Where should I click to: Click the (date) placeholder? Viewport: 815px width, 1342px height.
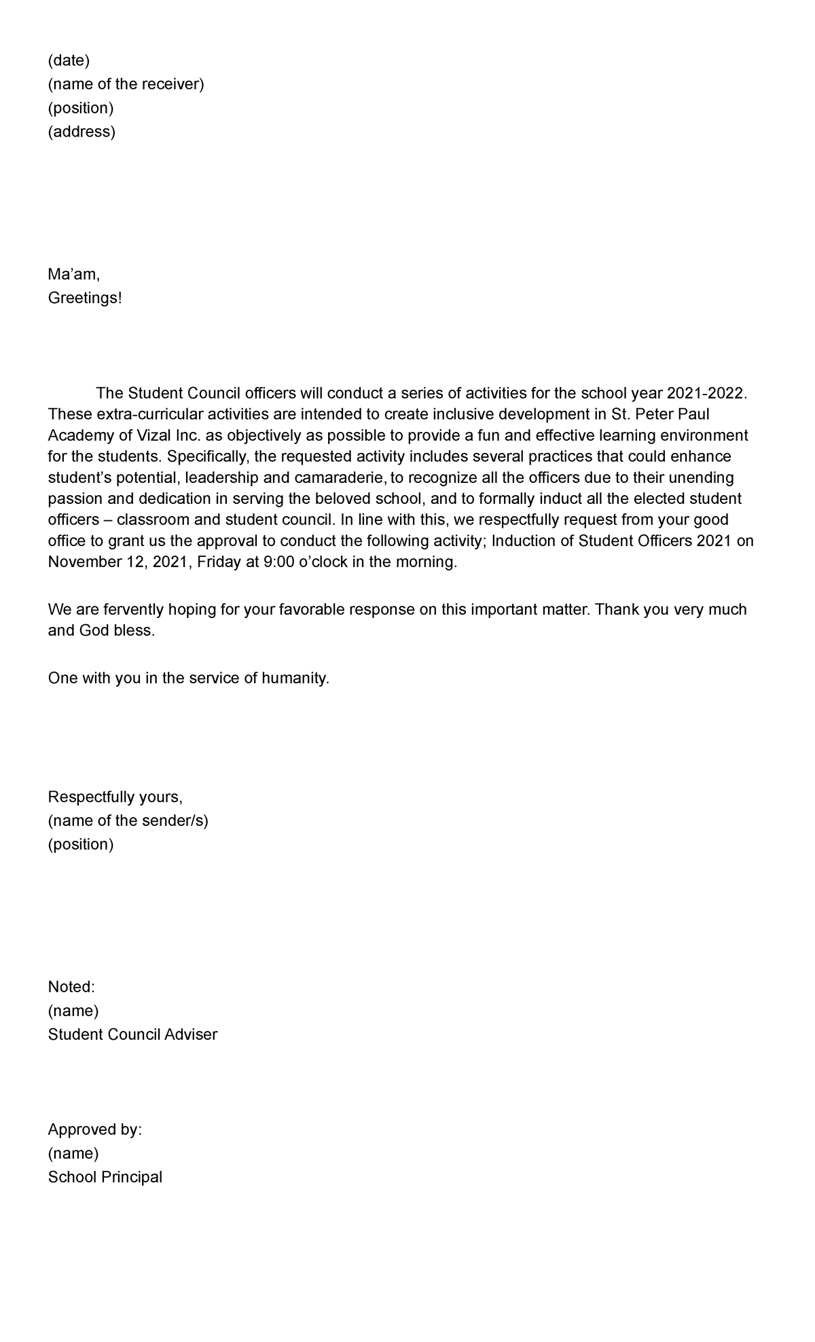click(x=69, y=60)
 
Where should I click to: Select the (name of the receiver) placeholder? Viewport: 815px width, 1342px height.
click(x=126, y=84)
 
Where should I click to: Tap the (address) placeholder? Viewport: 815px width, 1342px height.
click(x=81, y=132)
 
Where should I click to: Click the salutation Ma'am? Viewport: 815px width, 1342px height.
click(x=74, y=274)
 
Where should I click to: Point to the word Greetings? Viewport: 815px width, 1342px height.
click(x=85, y=298)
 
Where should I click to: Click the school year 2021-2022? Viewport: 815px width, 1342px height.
click(x=706, y=393)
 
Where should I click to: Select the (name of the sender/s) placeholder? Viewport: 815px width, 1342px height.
click(x=128, y=820)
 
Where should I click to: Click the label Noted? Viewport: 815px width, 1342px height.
click(x=71, y=987)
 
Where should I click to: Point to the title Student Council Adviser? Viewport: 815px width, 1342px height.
click(x=132, y=1034)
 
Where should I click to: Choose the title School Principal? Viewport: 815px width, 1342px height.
click(x=105, y=1177)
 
